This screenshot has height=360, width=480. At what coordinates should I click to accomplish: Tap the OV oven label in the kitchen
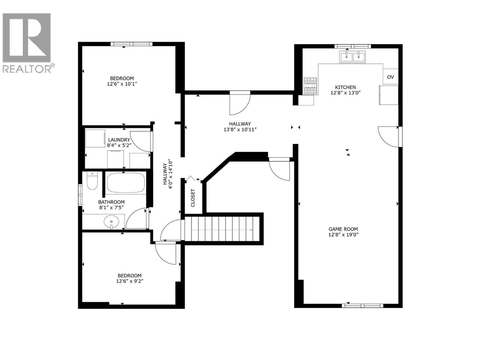click(390, 77)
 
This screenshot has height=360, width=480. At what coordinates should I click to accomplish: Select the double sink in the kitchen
click(352, 57)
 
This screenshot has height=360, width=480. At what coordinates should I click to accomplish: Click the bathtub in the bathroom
click(126, 183)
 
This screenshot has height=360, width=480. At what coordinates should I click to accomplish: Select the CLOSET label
click(193, 198)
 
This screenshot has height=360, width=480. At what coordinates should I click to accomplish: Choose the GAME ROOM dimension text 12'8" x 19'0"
click(343, 235)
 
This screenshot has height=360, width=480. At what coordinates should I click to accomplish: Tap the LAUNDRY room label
click(119, 140)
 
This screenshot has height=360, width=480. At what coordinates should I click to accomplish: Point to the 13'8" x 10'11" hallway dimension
click(240, 129)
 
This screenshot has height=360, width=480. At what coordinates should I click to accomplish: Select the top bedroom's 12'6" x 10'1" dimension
click(122, 84)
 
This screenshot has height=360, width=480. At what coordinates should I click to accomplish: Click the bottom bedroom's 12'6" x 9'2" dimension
click(130, 281)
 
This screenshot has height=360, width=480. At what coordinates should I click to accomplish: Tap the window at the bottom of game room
click(362, 306)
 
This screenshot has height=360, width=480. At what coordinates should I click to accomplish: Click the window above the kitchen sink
click(352, 46)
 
